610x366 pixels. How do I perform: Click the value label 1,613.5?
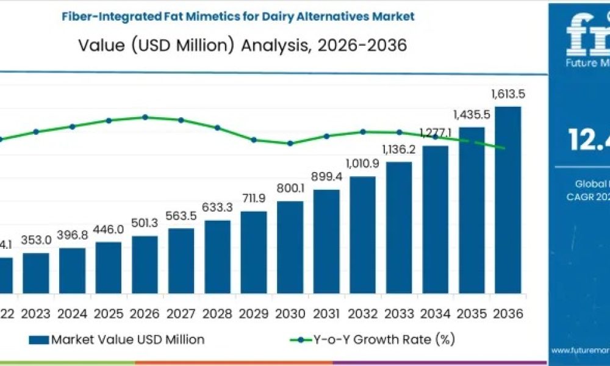click(508, 94)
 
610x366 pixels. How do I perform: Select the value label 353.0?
click(35, 239)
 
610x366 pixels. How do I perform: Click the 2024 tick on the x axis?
click(72, 314)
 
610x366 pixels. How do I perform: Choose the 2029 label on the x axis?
click(254, 314)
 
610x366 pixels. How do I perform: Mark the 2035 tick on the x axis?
click(472, 314)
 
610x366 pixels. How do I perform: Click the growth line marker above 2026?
click(145, 117)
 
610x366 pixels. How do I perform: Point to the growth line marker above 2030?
click(290, 143)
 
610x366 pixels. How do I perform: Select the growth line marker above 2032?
click(362, 131)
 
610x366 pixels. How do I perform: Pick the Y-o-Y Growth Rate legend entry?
click(373, 339)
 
